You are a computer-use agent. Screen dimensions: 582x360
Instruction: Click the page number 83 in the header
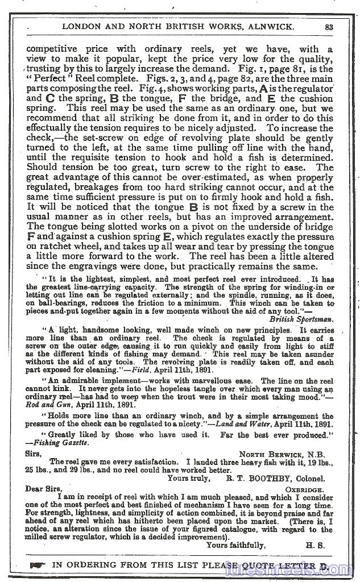[x=329, y=26]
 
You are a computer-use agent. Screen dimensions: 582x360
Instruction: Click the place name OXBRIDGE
[x=304, y=489]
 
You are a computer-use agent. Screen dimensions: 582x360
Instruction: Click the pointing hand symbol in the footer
[x=38, y=566]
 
